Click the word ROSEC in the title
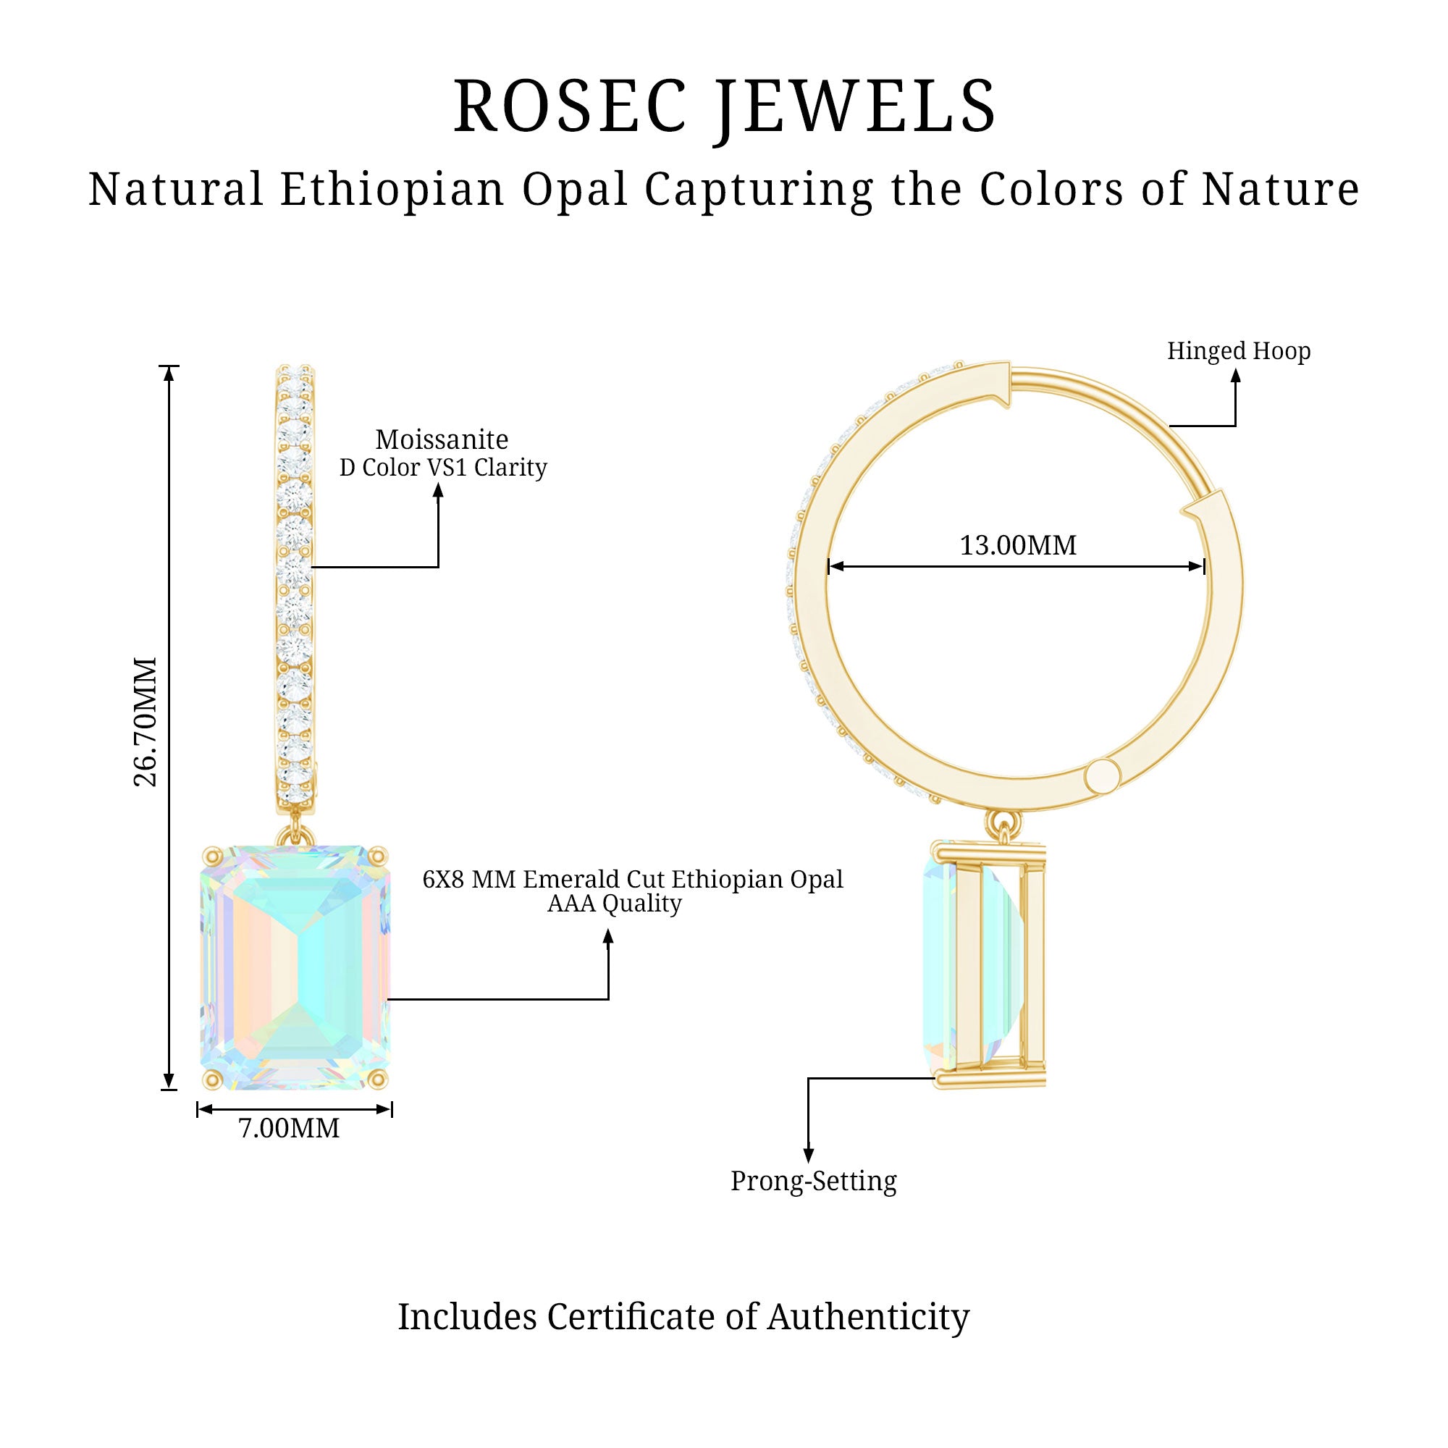[x=570, y=107]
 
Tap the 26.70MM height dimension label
[x=146, y=722]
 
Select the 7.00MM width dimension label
[x=289, y=1128]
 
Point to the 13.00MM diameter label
[x=1018, y=546]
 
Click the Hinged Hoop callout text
[x=1238, y=350]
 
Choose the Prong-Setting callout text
[x=813, y=1181]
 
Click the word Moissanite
[x=442, y=439]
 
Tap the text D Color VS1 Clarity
[x=443, y=468]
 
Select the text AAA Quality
[x=614, y=904]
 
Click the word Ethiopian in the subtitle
[x=392, y=189]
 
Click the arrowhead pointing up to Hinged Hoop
[x=1235, y=375]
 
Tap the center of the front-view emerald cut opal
[x=296, y=967]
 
